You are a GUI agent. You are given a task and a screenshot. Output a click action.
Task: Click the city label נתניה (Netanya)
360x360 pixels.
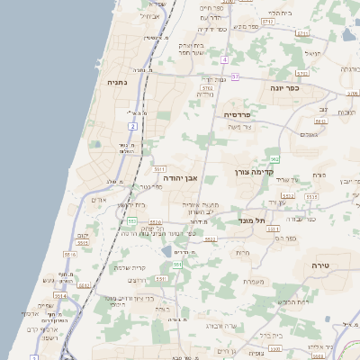click(117, 82)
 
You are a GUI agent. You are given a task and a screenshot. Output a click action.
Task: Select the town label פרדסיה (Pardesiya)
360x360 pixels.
click(241, 115)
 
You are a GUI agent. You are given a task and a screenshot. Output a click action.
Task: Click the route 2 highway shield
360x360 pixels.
click(132, 127)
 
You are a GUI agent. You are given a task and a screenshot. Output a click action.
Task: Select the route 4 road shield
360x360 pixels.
click(223, 59)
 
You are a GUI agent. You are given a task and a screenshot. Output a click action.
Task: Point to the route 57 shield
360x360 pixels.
click(235, 77)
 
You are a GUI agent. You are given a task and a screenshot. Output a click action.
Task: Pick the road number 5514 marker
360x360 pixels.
click(61, 294)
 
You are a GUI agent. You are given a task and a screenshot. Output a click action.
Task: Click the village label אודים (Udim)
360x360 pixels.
click(99, 199)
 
